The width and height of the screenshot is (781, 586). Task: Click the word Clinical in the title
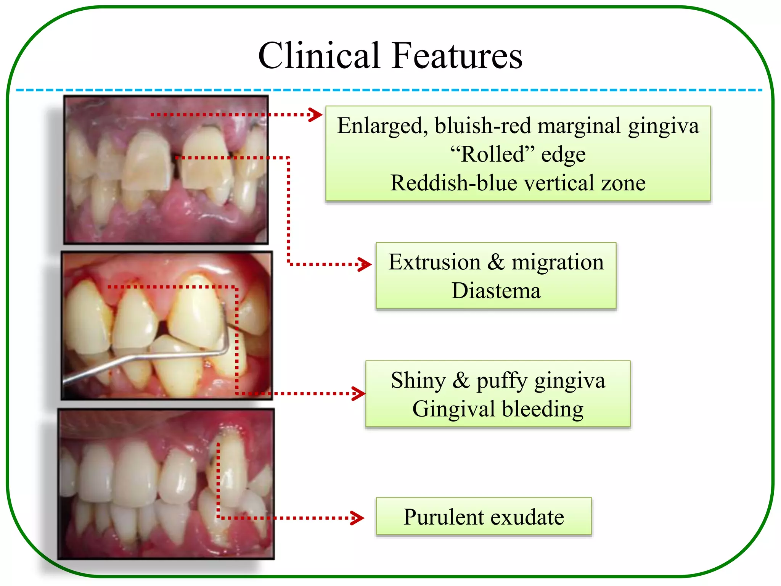click(x=319, y=56)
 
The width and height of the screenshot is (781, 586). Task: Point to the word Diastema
click(x=496, y=291)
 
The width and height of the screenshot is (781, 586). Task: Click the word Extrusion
click(x=434, y=262)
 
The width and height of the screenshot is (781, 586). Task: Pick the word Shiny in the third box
click(x=418, y=381)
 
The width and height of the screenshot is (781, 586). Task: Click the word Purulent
click(x=442, y=517)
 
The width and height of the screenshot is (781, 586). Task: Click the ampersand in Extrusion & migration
click(x=496, y=262)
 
